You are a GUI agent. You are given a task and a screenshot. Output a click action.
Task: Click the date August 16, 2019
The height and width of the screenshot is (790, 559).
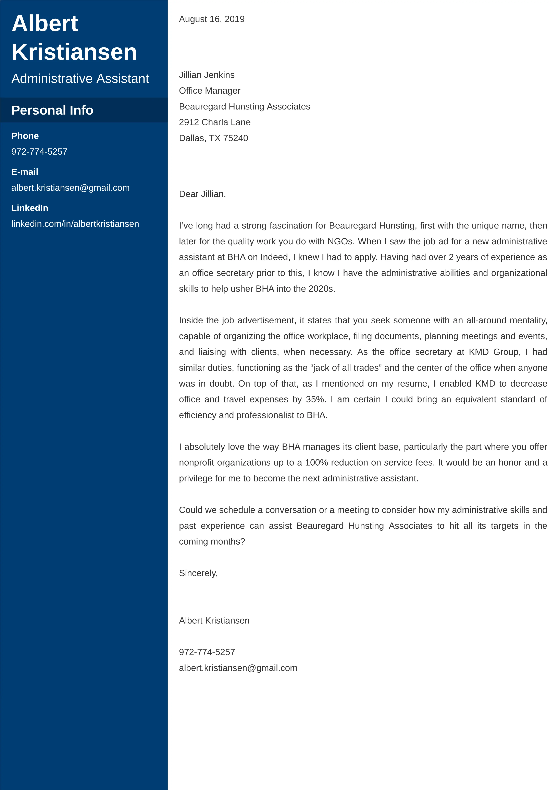[x=212, y=19]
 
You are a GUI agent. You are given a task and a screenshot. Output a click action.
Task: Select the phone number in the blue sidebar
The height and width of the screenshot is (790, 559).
[x=39, y=152]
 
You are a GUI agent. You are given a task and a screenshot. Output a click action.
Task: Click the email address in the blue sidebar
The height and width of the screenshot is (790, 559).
[x=70, y=188]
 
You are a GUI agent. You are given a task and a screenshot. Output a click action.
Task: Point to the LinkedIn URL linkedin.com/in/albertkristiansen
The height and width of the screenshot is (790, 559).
[x=75, y=224]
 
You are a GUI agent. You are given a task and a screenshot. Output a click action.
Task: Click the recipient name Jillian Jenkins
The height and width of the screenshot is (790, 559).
[x=207, y=75]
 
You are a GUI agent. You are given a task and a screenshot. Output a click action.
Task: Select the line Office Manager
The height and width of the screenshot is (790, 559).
[x=209, y=91]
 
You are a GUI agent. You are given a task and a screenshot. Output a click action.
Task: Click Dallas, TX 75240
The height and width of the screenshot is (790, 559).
[x=213, y=138]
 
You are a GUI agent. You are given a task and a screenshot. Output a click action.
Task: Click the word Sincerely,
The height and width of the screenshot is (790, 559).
[x=198, y=573]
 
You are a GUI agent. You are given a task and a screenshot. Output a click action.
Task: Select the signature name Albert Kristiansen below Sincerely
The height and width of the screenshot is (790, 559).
[x=214, y=621]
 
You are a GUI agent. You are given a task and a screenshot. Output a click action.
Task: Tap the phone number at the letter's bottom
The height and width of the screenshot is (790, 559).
[x=207, y=652]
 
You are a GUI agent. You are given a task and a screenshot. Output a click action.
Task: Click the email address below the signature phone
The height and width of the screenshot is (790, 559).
[x=238, y=668]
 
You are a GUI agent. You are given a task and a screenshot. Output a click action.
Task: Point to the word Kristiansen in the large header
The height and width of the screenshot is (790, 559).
[x=74, y=52]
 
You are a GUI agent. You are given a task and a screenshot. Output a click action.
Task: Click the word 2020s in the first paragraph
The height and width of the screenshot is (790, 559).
[x=321, y=289]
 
